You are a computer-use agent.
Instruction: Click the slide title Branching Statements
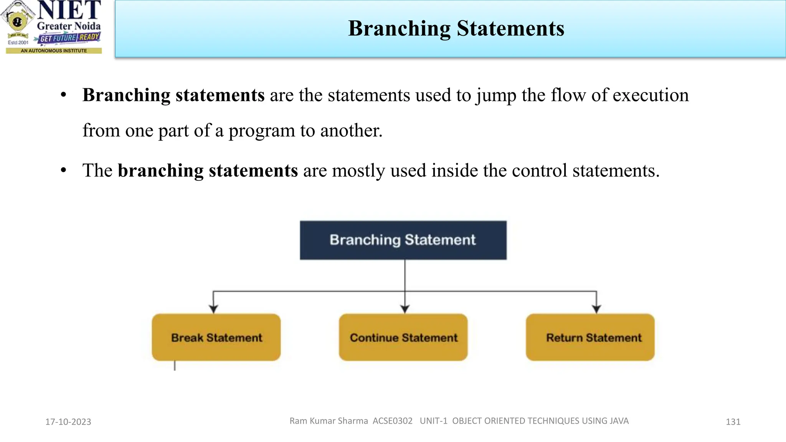click(456, 29)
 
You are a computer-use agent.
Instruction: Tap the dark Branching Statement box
click(403, 240)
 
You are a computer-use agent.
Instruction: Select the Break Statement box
click(216, 337)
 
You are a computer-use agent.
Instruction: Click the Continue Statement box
click(403, 337)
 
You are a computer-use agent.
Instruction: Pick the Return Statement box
click(590, 337)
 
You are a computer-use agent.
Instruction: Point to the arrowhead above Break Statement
click(213, 308)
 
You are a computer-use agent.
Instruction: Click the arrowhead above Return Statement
click(596, 308)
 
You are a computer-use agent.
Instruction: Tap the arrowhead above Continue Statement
click(405, 308)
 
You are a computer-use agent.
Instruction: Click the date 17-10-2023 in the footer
click(68, 422)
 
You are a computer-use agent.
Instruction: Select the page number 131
click(733, 422)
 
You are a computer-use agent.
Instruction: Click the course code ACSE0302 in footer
click(392, 421)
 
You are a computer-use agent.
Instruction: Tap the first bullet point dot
click(64, 95)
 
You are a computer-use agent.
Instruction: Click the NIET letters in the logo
click(69, 10)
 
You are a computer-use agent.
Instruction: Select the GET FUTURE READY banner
click(69, 38)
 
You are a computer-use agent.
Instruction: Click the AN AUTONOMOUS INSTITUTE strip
click(54, 51)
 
